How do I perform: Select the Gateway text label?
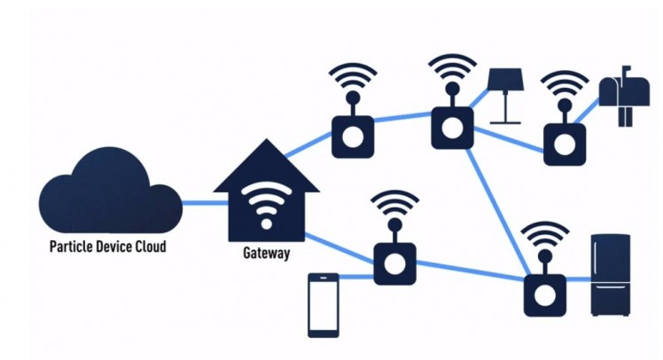[266, 254]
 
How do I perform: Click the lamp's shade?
[506, 79]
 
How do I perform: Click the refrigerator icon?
[611, 274]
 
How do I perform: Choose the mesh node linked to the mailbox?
[563, 142]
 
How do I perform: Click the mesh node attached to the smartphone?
[394, 262]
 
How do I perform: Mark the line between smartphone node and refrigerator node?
[470, 272]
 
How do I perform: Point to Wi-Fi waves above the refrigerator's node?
[544, 238]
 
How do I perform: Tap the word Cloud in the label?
[145, 246]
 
